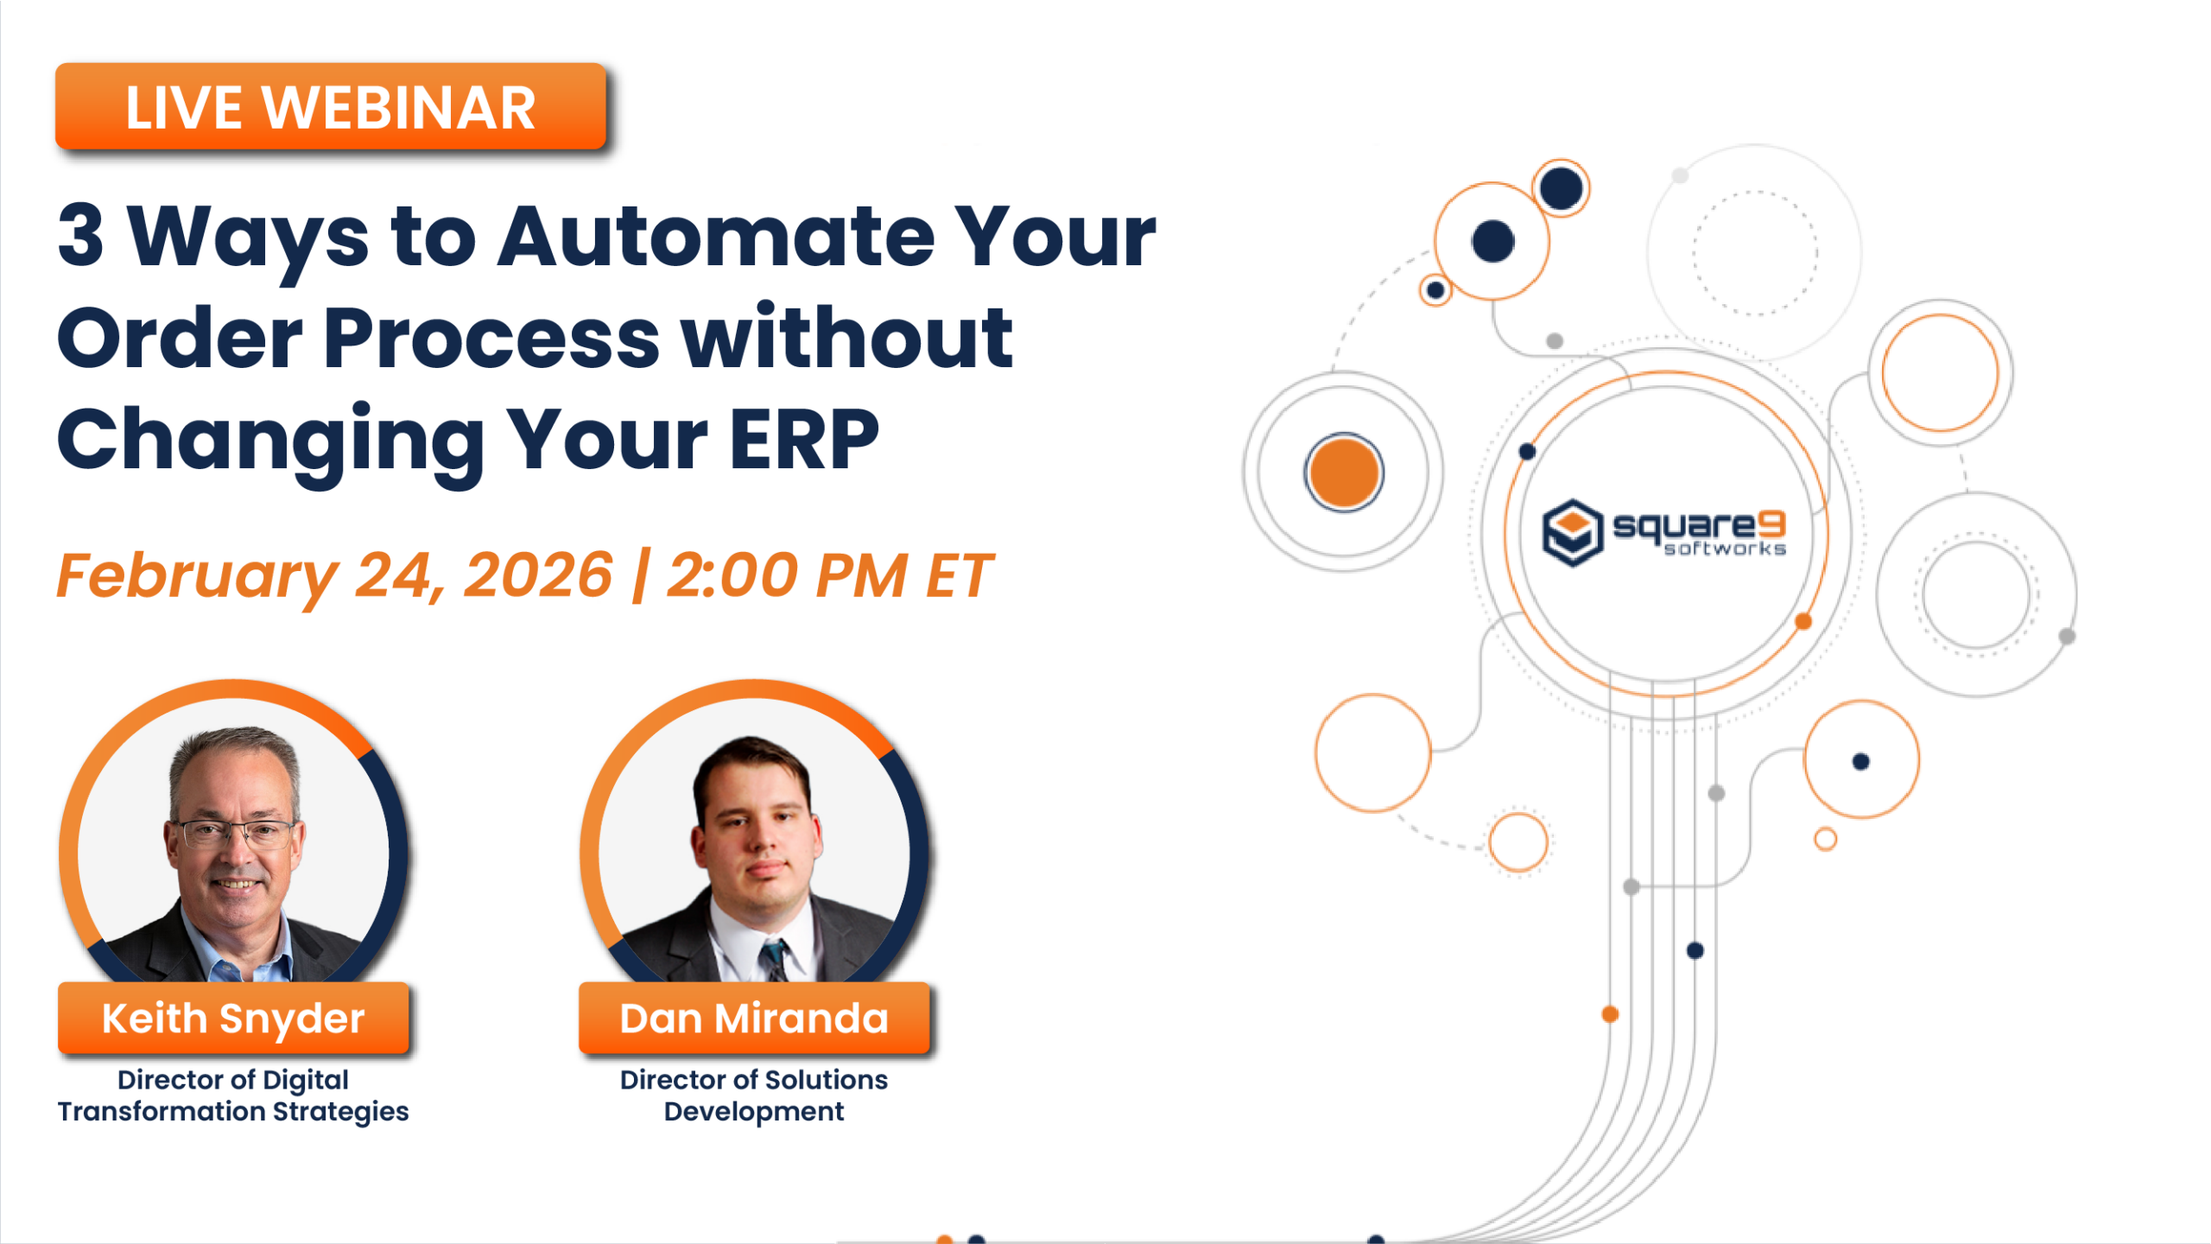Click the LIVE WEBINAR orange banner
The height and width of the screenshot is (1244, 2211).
click(x=330, y=107)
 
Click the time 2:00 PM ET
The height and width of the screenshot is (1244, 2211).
click(x=829, y=575)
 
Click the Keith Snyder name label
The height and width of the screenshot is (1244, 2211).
click(x=233, y=1019)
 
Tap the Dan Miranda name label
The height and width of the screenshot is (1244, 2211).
click(x=754, y=1019)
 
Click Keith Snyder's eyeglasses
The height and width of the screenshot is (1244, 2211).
click(x=235, y=833)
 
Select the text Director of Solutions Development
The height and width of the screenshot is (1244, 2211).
click(x=754, y=1095)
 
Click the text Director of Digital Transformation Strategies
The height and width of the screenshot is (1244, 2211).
click(x=233, y=1095)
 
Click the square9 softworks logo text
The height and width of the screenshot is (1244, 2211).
click(x=1698, y=525)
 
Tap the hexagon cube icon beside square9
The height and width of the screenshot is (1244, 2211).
click(x=1573, y=532)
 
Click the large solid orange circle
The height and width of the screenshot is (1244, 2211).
click(x=1344, y=473)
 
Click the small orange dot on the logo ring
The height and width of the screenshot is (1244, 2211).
click(x=1803, y=621)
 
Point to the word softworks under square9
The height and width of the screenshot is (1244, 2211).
click(x=1725, y=549)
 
